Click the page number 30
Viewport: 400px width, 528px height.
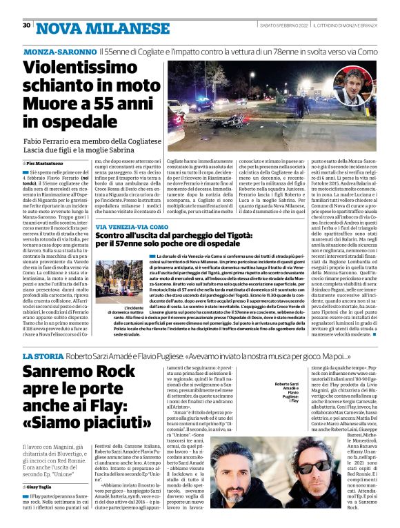26,25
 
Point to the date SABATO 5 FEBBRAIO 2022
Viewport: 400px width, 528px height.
274,26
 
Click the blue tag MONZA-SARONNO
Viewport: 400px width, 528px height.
60,52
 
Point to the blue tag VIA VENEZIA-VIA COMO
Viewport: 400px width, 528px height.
132,227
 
